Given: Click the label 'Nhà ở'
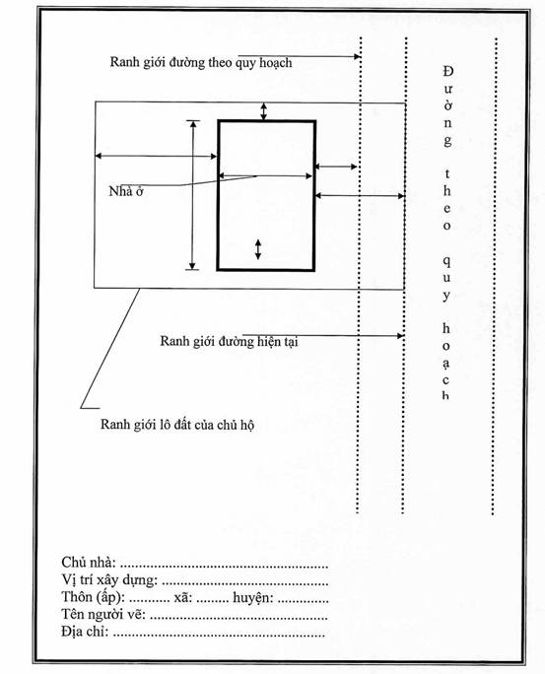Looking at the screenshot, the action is click(126, 191).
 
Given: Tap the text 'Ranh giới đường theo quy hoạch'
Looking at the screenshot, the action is click(201, 63).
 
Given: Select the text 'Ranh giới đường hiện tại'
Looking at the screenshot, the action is click(229, 341).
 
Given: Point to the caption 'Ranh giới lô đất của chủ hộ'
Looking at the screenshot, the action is click(177, 425).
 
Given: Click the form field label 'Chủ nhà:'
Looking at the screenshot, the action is click(89, 563).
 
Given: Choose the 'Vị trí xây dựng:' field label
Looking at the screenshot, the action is click(109, 579).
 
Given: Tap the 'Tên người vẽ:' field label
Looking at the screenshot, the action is click(103, 614).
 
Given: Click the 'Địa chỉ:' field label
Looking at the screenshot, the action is click(85, 632).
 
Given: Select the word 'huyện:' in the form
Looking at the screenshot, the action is click(252, 597).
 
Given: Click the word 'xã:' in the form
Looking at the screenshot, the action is click(183, 597).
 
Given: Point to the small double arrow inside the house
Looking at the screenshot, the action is click(258, 249).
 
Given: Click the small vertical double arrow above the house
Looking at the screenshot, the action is click(264, 111).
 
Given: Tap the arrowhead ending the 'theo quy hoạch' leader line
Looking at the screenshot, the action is click(357, 56).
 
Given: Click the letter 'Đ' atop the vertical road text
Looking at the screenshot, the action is click(448, 71).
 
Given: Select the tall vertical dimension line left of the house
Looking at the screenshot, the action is click(193, 195).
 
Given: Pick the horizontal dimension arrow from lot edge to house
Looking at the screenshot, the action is click(156, 156).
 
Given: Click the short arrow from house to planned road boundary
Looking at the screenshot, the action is click(336, 167).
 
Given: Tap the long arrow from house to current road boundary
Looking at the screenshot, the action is click(360, 196).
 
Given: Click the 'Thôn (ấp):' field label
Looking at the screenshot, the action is click(94, 597).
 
